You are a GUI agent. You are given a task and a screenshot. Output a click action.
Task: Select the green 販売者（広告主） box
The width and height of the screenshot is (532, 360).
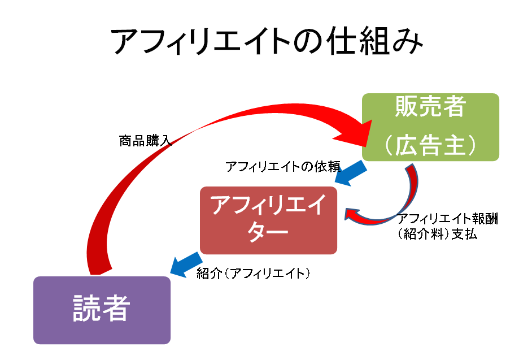(x=430, y=127)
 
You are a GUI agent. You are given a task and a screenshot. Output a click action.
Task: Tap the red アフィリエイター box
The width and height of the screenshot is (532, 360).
(x=268, y=220)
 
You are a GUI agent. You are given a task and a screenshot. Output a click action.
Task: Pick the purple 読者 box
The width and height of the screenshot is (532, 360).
(x=102, y=310)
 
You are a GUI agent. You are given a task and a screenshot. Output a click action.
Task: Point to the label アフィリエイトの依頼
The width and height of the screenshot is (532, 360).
(x=283, y=167)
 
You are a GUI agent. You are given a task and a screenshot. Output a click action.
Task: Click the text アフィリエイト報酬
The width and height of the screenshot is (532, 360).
(x=450, y=219)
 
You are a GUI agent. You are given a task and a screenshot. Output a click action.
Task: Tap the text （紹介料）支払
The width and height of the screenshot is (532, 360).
(x=437, y=234)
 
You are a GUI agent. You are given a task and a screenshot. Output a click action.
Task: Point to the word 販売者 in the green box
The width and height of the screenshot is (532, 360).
(x=430, y=107)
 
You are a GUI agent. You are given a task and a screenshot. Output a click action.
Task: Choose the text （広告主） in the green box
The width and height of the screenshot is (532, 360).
(x=430, y=146)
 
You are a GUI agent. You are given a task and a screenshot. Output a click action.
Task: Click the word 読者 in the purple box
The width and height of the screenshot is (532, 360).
(x=102, y=310)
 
